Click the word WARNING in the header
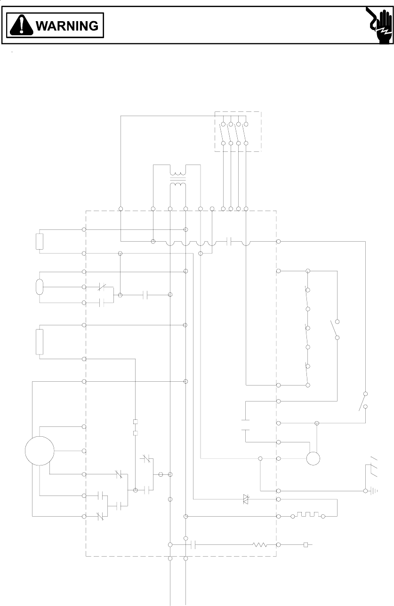[x=67, y=25]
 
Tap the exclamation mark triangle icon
[x=22, y=25]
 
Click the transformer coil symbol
[x=177, y=179]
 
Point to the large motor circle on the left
[x=40, y=451]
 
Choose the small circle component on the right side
[x=313, y=458]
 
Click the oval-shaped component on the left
[x=40, y=287]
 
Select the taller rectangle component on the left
[x=40, y=342]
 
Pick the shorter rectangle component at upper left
[x=40, y=241]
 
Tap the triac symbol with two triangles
[x=245, y=499]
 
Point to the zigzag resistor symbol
[x=260, y=545]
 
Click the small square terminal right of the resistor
[x=306, y=545]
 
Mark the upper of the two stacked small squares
[x=135, y=422]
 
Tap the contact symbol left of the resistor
[x=192, y=545]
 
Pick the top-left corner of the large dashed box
[x=86, y=211]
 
